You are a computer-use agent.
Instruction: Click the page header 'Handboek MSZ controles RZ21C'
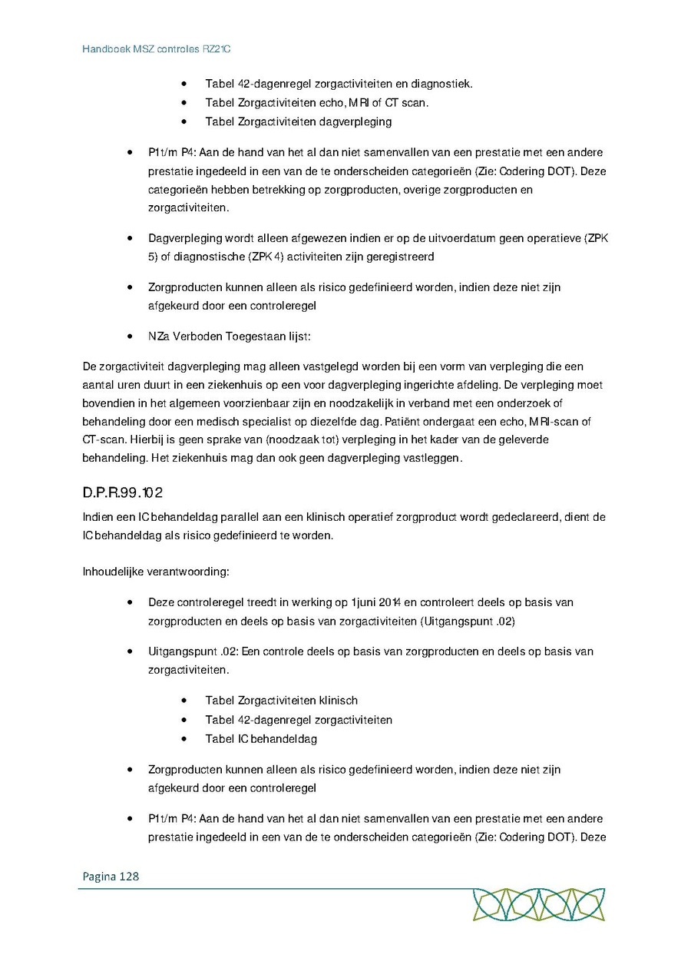[157, 48]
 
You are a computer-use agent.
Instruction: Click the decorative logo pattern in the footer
[538, 904]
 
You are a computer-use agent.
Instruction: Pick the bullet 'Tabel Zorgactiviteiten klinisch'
[281, 700]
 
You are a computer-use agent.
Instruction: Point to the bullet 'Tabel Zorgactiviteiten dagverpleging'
[298, 121]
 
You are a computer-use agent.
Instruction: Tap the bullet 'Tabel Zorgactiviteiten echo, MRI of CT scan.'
[316, 102]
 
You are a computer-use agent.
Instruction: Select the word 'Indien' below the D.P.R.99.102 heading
[98, 517]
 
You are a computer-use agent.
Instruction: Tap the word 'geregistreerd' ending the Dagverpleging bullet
[402, 257]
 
